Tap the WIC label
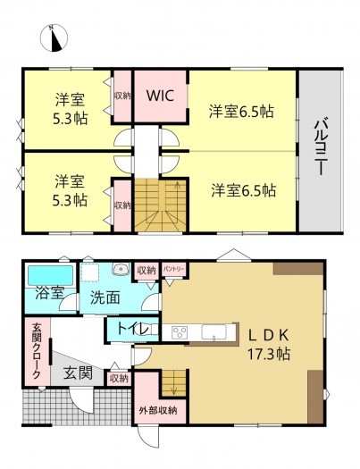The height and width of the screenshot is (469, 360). (x=160, y=95)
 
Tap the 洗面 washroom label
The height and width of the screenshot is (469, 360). (x=105, y=297)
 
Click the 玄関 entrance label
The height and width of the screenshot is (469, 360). (x=78, y=373)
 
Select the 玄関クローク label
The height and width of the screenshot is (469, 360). (x=37, y=351)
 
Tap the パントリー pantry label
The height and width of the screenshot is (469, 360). (x=173, y=269)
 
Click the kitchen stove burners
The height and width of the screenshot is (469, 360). (x=179, y=333)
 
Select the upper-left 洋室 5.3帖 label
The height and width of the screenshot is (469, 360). (x=69, y=108)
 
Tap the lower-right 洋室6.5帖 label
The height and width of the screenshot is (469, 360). (x=243, y=190)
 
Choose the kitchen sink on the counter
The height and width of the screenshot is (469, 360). (x=213, y=333)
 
